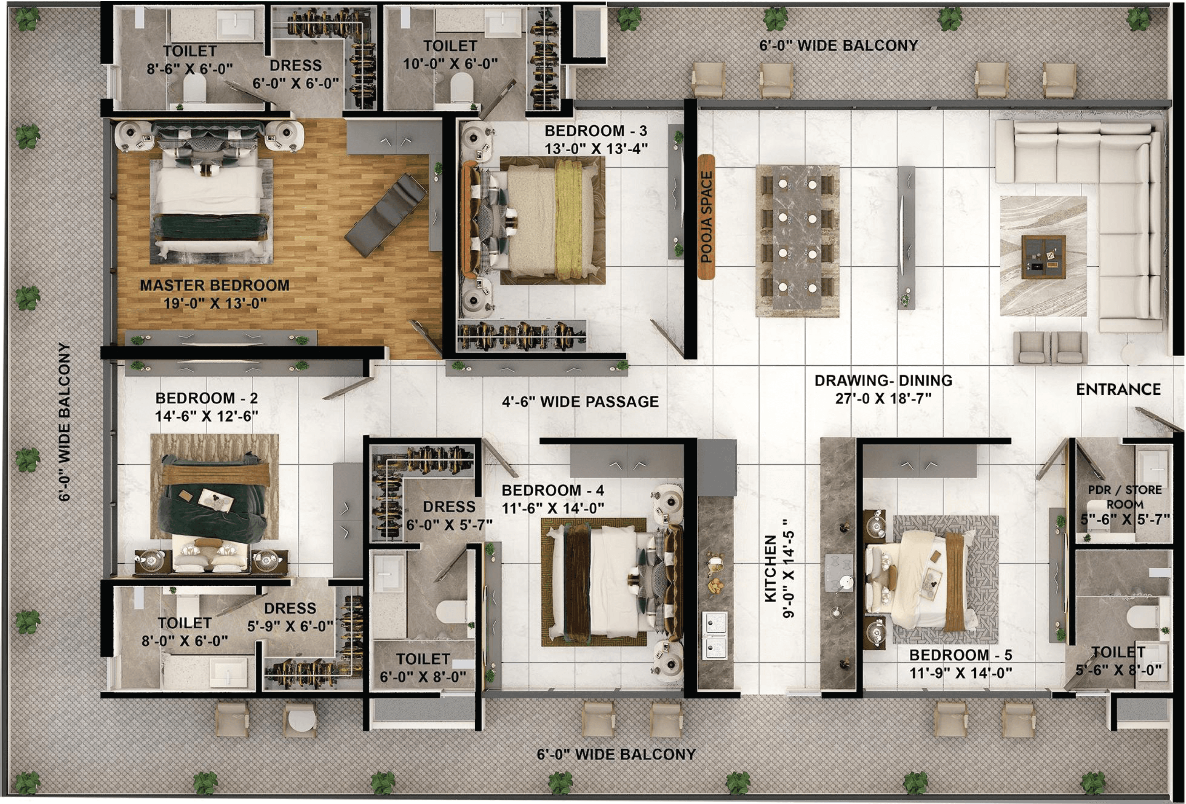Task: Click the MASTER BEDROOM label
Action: (214, 285)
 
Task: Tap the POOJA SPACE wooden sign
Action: (706, 217)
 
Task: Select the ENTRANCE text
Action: (1118, 389)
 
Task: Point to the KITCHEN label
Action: (771, 568)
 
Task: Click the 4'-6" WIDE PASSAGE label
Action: (580, 402)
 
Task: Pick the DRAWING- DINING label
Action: (883, 381)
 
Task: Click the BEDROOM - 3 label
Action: (596, 131)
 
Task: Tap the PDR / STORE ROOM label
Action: (1125, 497)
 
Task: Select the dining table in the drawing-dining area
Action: (797, 237)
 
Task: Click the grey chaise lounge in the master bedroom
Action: (386, 214)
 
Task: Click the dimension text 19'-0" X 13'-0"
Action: (215, 304)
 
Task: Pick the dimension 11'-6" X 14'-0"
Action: (553, 509)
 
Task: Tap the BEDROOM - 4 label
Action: (553, 490)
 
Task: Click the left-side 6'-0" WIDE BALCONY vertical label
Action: (64, 422)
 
